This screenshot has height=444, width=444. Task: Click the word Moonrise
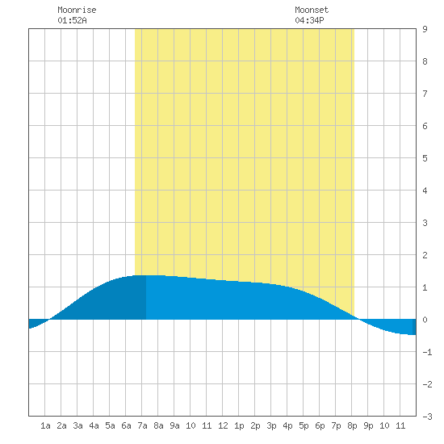click(x=77, y=10)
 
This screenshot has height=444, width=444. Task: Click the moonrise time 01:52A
click(x=72, y=20)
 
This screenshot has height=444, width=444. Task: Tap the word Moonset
click(x=312, y=10)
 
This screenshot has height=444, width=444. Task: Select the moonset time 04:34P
click(x=309, y=20)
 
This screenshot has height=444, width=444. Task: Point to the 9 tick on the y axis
click(x=425, y=29)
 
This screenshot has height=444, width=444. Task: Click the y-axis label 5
click(x=425, y=158)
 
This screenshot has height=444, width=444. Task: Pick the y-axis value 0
click(x=425, y=320)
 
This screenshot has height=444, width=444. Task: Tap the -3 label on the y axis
click(x=427, y=417)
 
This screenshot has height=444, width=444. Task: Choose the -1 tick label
click(x=427, y=352)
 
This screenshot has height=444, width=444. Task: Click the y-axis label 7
click(x=425, y=94)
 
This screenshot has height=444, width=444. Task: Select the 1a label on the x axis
click(x=45, y=425)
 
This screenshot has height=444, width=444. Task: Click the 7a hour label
click(x=142, y=425)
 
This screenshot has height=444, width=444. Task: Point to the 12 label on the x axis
click(x=223, y=425)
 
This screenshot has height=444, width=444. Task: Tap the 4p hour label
click(x=287, y=425)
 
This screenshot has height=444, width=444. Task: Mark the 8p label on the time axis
click(x=352, y=425)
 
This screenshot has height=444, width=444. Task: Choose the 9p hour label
click(x=368, y=425)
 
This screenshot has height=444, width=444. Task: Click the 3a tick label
click(x=77, y=425)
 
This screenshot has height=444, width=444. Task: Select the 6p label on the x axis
click(x=320, y=425)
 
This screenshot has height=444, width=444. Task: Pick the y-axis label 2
click(x=425, y=255)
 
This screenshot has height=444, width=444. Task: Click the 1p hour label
click(x=239, y=425)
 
